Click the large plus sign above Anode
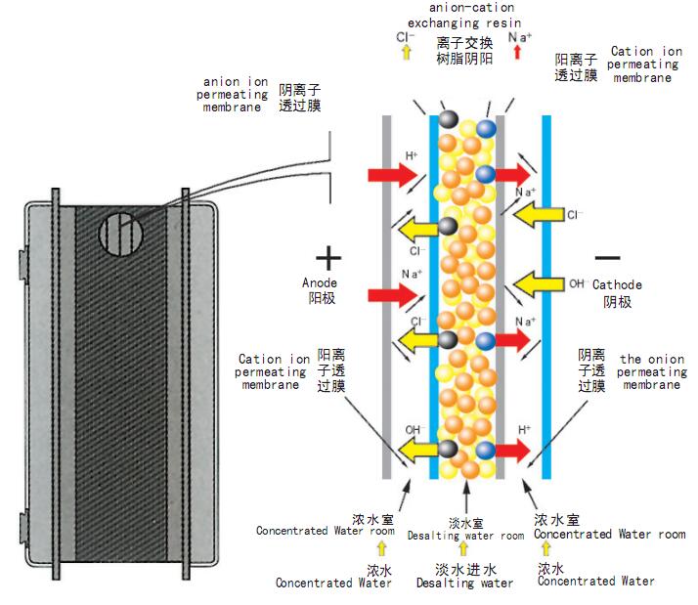[328, 257]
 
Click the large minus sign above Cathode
[607, 257]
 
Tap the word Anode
[319, 282]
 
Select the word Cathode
[618, 284]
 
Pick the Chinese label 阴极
[617, 302]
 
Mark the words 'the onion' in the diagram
[643, 360]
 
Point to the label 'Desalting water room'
[465, 536]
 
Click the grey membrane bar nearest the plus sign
[387, 293]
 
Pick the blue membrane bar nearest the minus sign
[547, 293]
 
